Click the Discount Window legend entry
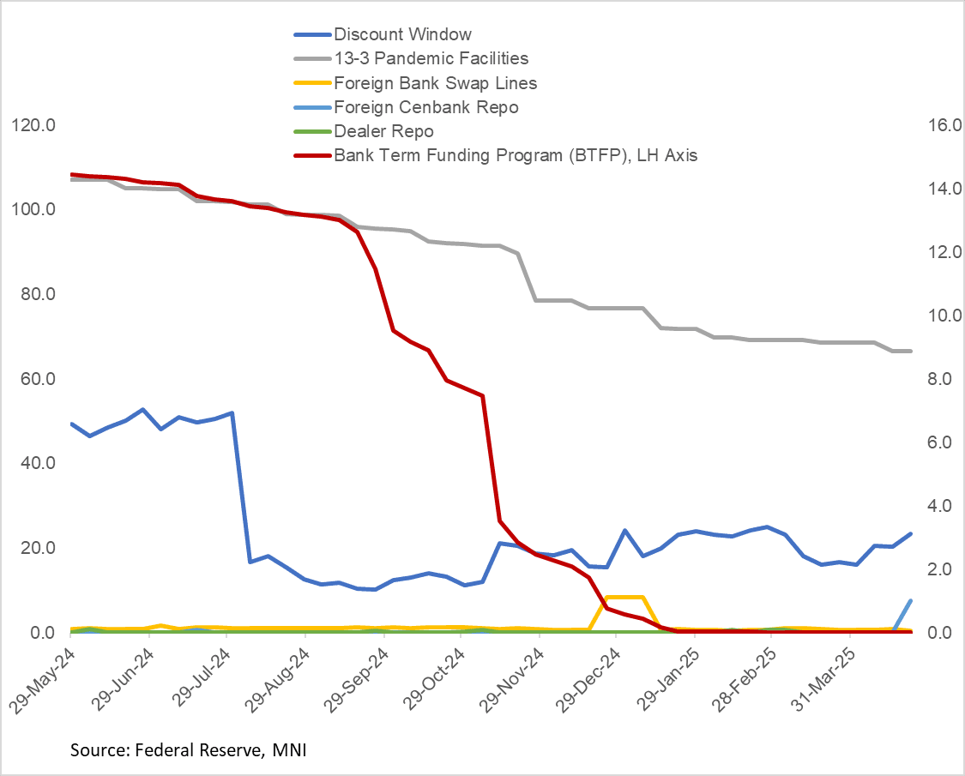402,35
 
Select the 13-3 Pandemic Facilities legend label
431,59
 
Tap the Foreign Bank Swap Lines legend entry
436,83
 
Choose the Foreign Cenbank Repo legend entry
425,107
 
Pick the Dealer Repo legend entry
383,131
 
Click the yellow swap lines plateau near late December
624,597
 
